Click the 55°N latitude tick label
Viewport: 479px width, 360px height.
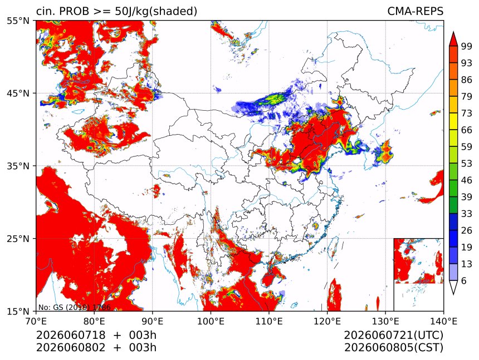[x=17, y=21]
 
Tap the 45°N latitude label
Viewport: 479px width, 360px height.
[x=17, y=93]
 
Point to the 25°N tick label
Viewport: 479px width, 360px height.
[x=17, y=239]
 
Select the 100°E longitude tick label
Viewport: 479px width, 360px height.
[x=211, y=321]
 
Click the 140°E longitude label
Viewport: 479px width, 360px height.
[x=443, y=321]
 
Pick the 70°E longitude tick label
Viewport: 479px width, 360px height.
[x=36, y=321]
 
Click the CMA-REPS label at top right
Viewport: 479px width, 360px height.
[x=415, y=11]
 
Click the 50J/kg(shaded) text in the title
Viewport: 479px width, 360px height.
[x=156, y=12]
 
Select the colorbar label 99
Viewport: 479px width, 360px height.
[x=467, y=46]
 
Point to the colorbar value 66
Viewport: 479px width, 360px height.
[x=467, y=130]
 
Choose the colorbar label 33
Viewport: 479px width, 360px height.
[x=467, y=214]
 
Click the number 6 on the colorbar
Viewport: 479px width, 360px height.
[x=464, y=280]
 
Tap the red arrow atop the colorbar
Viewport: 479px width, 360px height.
[x=453, y=39]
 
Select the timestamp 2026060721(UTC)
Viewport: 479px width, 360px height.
[x=393, y=335]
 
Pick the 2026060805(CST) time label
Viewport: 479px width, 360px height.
[x=393, y=348]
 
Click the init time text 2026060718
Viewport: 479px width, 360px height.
[x=71, y=335]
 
